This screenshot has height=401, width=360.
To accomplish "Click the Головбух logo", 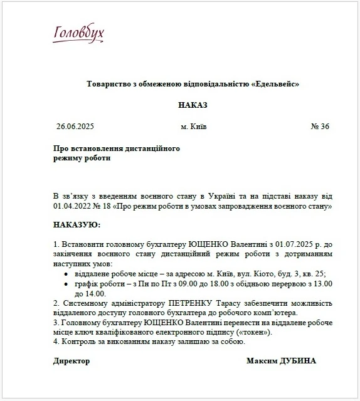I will pos(79,34).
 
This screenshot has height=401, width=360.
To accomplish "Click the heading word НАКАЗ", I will pos(193,105).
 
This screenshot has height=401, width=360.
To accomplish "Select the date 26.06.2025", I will pos(75,127).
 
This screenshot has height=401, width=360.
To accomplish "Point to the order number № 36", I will pos(320,127).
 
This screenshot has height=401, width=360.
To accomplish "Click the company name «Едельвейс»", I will pos(275,83).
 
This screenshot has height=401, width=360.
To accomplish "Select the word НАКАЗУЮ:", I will pos(77,224).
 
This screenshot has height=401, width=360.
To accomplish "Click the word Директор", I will pos(71,361).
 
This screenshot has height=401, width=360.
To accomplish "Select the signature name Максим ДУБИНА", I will pos(281,361).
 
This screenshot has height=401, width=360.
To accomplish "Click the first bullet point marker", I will pos(68,274).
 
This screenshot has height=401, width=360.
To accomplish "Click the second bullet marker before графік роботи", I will pos(68,284).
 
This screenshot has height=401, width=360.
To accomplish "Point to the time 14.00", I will pos(95,293).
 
